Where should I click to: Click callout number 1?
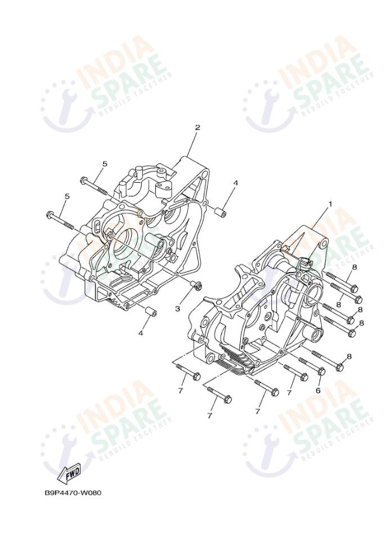pos(330,204)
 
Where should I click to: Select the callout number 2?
pos(198,127)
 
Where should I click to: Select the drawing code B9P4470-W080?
pos(73,493)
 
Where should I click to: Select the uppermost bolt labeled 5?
pos(93,185)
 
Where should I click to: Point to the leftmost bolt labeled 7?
pos(188,373)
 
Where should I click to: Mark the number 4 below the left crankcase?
pos(141,333)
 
